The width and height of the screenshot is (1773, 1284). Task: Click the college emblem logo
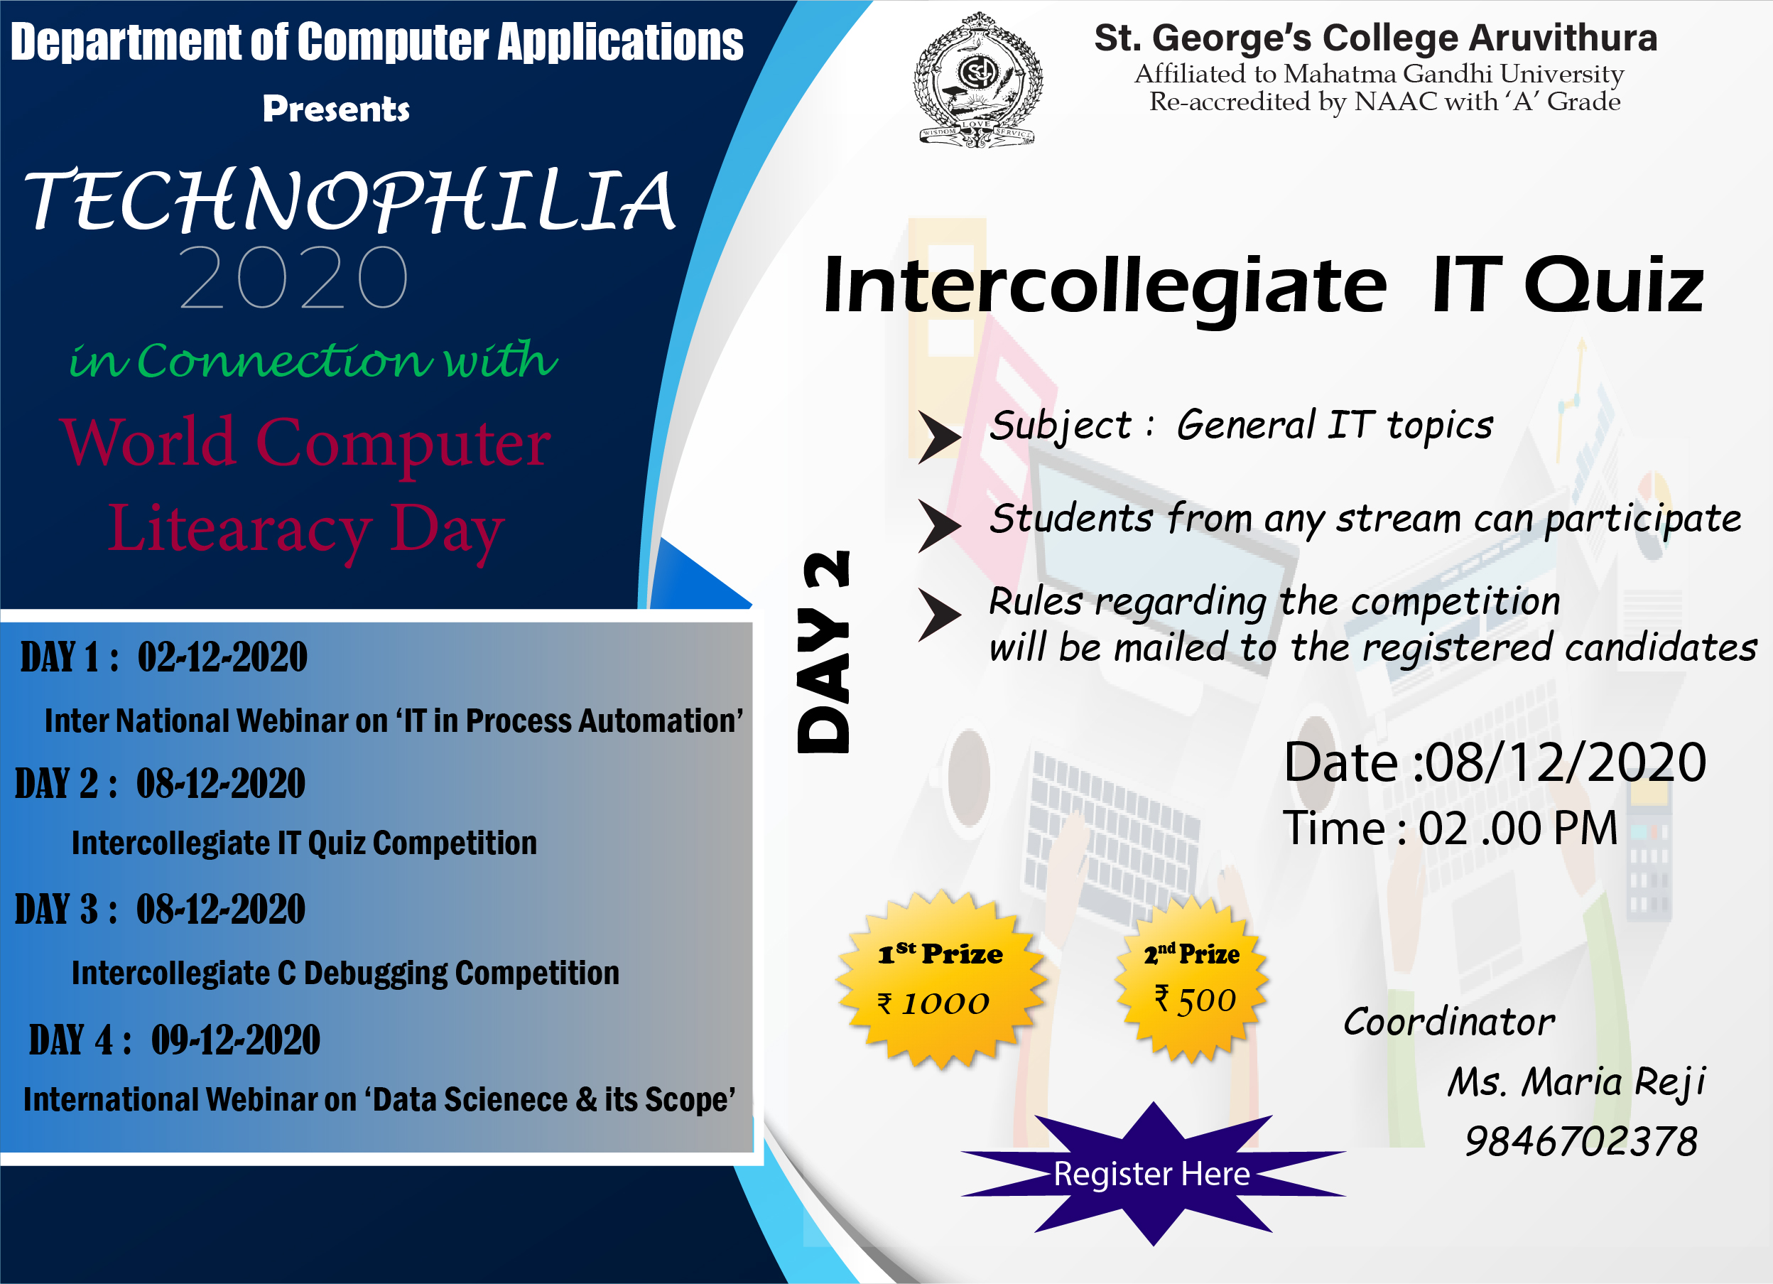[977, 79]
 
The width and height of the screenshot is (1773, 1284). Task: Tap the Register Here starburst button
[1153, 1174]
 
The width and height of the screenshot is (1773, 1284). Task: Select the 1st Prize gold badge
[940, 979]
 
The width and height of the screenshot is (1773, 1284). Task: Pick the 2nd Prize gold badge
[1192, 979]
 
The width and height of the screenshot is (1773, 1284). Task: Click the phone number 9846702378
[1580, 1142]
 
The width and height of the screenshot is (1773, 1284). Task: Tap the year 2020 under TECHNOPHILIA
[294, 277]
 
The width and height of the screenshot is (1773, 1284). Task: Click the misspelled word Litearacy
[239, 530]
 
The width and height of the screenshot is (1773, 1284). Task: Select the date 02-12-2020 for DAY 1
[223, 657]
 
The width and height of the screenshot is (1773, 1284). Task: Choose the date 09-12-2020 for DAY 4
[235, 1040]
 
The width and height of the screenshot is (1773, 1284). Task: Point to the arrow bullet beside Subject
[940, 436]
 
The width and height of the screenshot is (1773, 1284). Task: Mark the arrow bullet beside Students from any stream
[940, 526]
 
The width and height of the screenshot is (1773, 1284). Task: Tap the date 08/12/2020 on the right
[1565, 762]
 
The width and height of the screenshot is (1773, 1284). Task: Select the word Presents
[336, 109]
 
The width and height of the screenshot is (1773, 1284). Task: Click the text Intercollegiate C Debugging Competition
[345, 973]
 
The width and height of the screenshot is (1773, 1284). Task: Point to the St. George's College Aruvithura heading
[1375, 38]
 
